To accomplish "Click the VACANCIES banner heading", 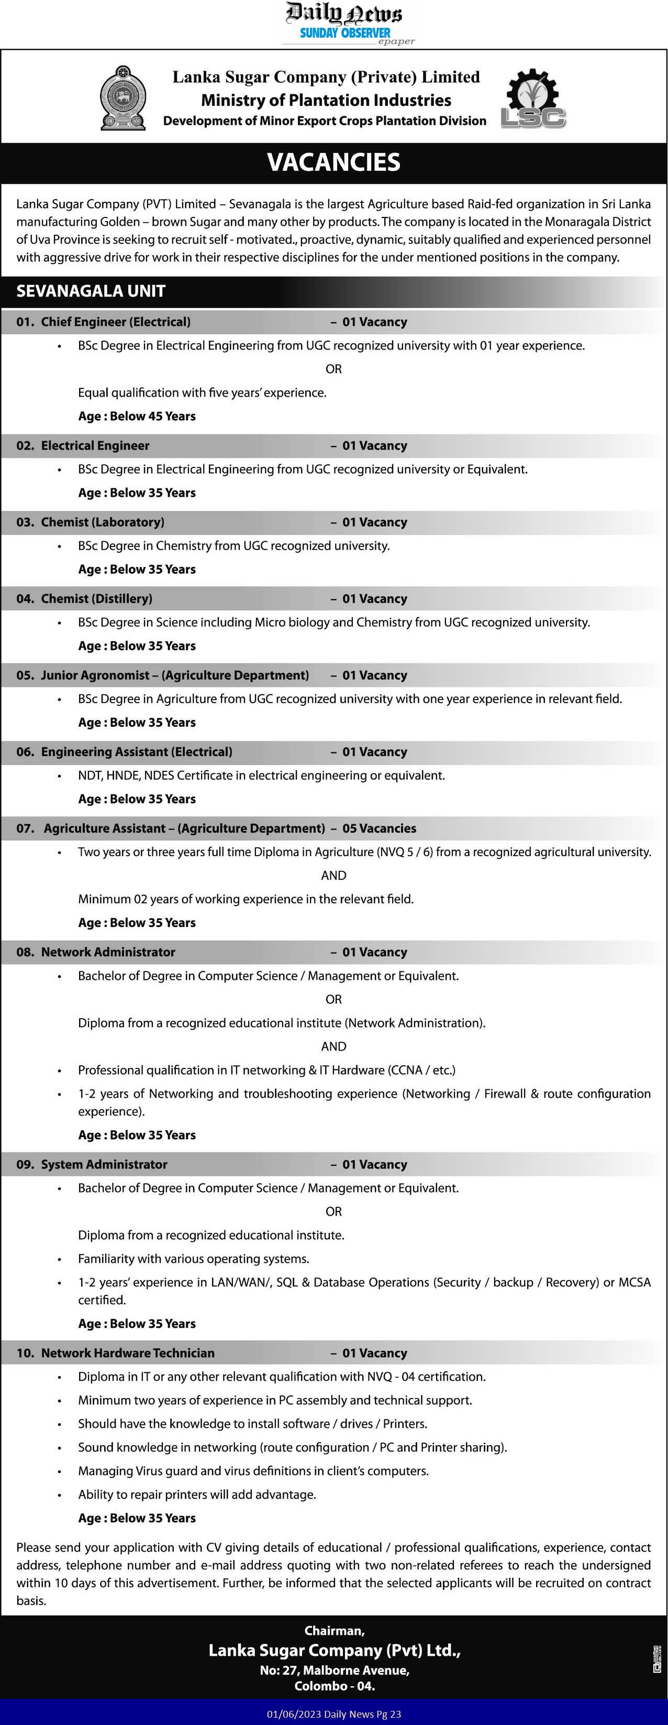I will click(333, 162).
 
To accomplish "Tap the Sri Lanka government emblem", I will click(123, 98).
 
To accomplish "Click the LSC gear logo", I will click(533, 99).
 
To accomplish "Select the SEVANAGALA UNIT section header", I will click(91, 291).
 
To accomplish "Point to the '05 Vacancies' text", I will click(379, 828).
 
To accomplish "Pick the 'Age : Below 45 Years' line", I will click(137, 416).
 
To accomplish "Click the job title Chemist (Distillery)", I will click(96, 598).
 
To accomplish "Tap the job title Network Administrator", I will click(108, 952).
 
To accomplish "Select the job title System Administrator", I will click(104, 1164).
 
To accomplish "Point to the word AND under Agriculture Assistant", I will click(333, 875).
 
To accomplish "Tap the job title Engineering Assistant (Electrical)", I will click(137, 751).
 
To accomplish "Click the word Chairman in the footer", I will click(334, 1631).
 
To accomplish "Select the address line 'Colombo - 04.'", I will click(334, 1686).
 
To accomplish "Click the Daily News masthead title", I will click(344, 14).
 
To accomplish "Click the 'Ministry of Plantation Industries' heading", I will click(326, 101).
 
